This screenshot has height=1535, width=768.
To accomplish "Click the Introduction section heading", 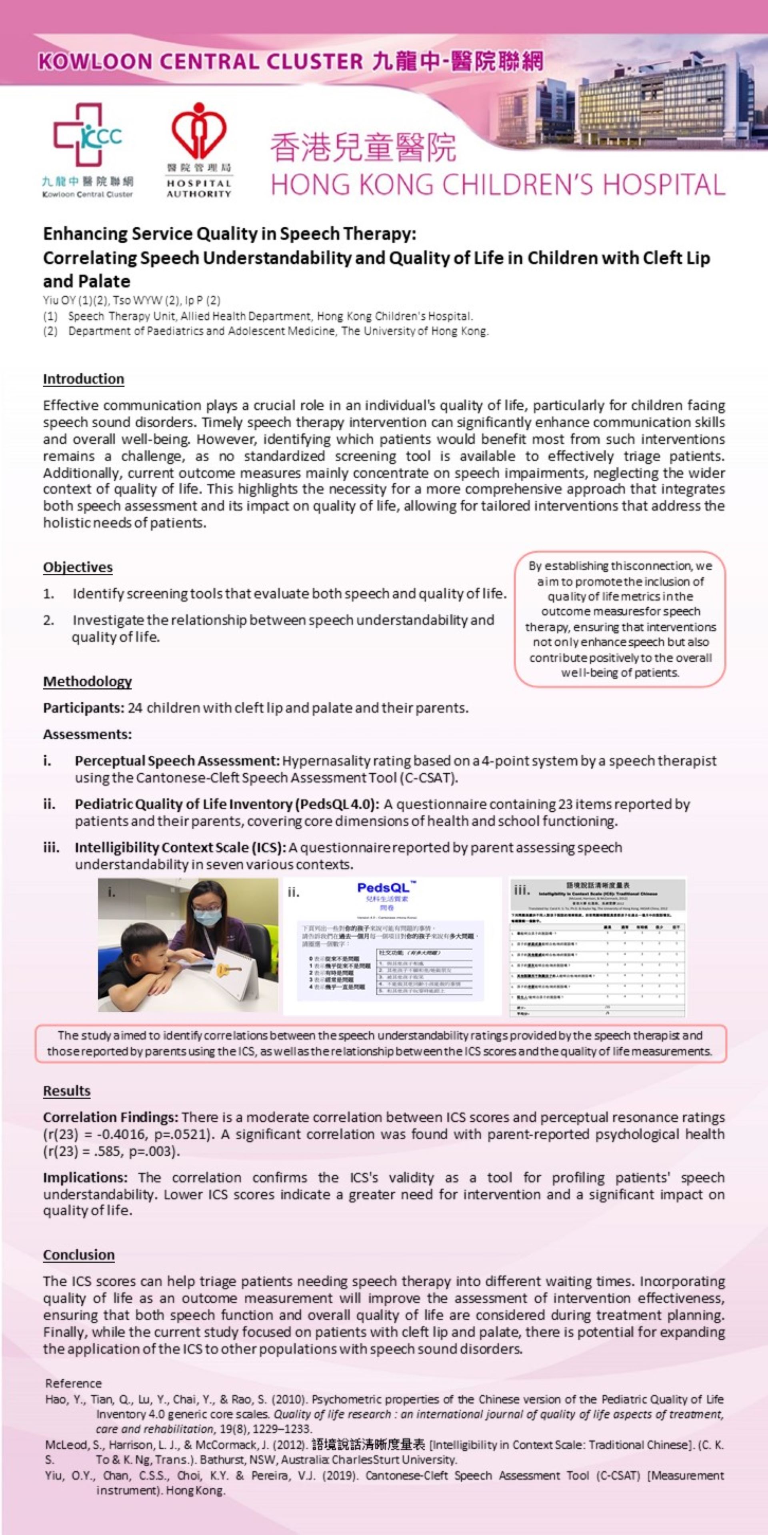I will coord(84,379).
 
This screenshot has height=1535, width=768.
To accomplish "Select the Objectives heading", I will coord(78,567).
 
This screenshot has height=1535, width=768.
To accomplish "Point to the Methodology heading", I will coord(87,682).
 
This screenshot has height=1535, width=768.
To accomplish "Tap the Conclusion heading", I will coord(79,1255).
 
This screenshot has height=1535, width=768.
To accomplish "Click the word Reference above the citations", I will coord(73,1383).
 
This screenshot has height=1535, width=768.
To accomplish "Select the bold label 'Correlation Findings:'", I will coord(110,1117).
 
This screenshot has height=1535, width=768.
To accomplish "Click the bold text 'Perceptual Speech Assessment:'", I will coord(177,761).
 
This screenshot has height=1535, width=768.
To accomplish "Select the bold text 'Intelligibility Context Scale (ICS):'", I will coord(180,847).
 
